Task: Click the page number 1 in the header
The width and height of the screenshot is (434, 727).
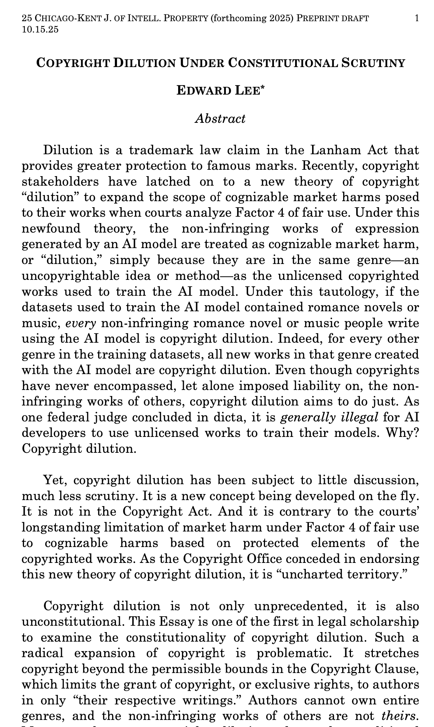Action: coord(417,18)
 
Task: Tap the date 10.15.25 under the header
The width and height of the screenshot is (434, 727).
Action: coord(40,29)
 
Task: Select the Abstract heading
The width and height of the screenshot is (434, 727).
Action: coord(220,119)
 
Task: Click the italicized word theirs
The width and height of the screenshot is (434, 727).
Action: coord(398,716)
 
